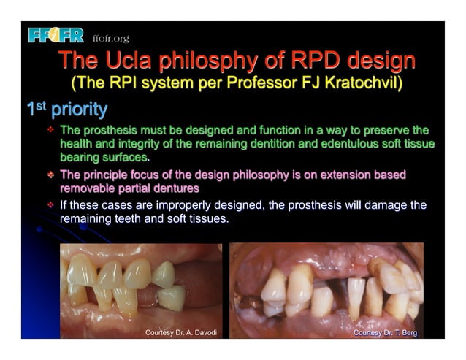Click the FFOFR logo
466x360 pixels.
click(x=56, y=35)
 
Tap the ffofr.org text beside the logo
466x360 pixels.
click(x=110, y=38)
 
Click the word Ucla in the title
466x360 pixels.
click(x=129, y=60)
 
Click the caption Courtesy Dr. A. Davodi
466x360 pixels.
click(x=181, y=332)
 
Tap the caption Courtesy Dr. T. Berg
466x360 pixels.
click(x=384, y=332)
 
